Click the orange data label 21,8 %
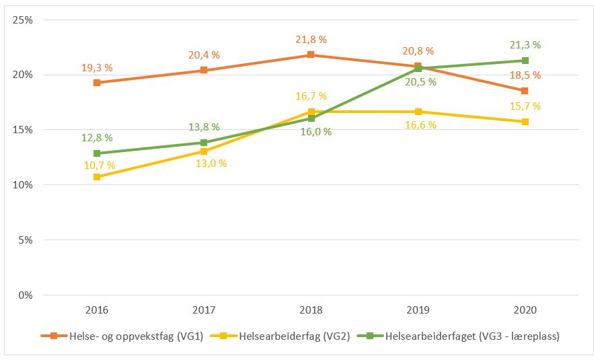310,40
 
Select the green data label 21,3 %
525,45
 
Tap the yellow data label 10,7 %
98,166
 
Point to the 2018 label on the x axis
311,310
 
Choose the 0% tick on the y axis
26,295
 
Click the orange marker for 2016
97,83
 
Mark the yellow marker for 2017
204,151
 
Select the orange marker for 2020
525,91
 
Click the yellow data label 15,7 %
525,106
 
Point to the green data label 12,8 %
98,138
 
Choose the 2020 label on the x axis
525,310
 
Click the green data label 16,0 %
315,132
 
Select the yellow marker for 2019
418,112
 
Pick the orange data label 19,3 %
98,68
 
